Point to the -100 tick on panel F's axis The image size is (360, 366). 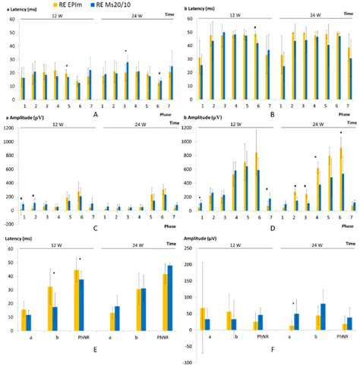click(187, 362)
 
